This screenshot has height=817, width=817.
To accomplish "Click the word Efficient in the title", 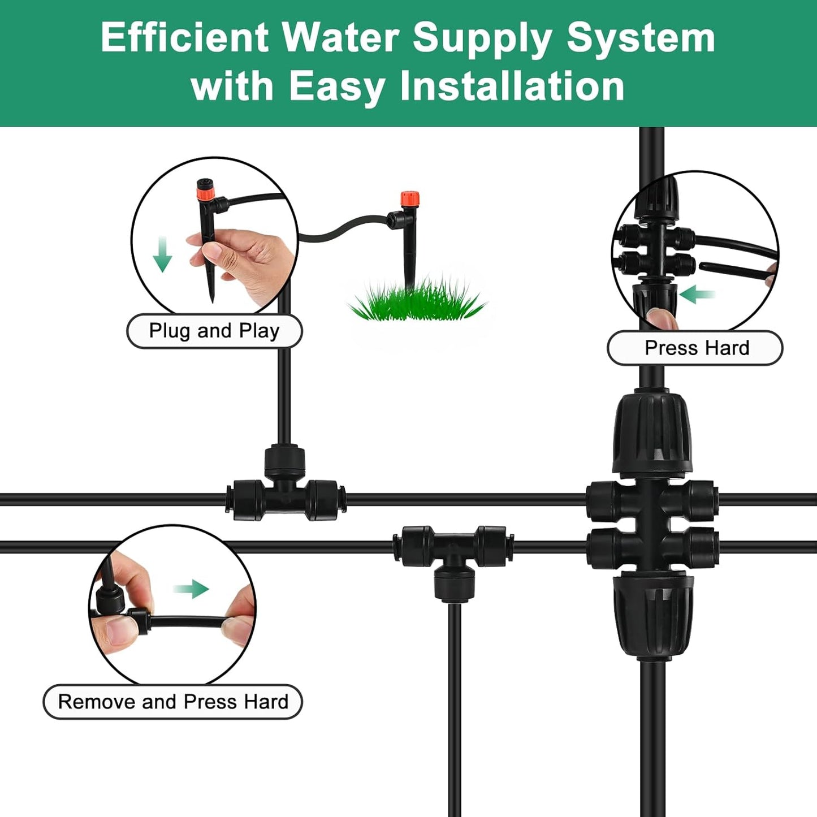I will click(184, 38).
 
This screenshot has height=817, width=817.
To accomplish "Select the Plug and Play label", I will click(214, 331).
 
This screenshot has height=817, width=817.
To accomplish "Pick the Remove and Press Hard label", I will click(172, 702).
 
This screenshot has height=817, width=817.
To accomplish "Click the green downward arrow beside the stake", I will click(163, 255).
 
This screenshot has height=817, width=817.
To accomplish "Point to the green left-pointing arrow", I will click(697, 295).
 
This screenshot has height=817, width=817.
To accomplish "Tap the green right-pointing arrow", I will click(192, 589).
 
